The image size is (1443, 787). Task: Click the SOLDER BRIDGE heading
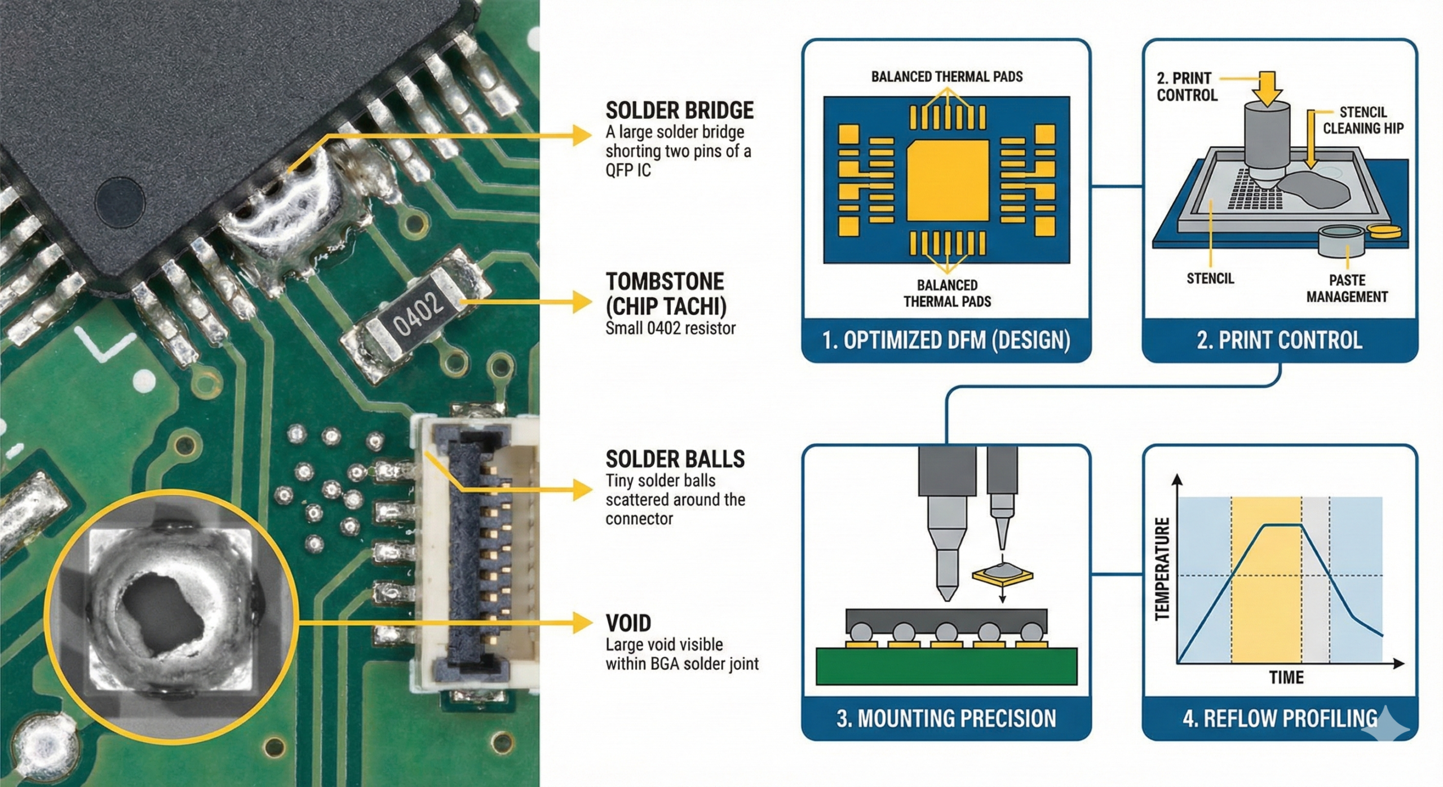pyautogui.click(x=679, y=110)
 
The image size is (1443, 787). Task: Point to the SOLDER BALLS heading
pyautogui.click(x=675, y=459)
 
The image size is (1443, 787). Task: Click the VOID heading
pyautogui.click(x=628, y=624)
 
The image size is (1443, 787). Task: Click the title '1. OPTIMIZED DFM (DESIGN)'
pyautogui.click(x=946, y=341)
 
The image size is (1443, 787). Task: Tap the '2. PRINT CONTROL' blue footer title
pyautogui.click(x=1279, y=341)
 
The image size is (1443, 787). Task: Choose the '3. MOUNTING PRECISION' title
pyautogui.click(x=946, y=719)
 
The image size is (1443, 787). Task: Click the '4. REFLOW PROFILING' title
pyautogui.click(x=1280, y=719)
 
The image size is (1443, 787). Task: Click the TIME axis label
pyautogui.click(x=1286, y=677)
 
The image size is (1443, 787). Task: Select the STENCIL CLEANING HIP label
pyautogui.click(x=1362, y=121)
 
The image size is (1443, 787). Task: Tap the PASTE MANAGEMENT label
pyautogui.click(x=1347, y=289)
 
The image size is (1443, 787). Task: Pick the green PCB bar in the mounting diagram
pyautogui.click(x=946, y=666)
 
